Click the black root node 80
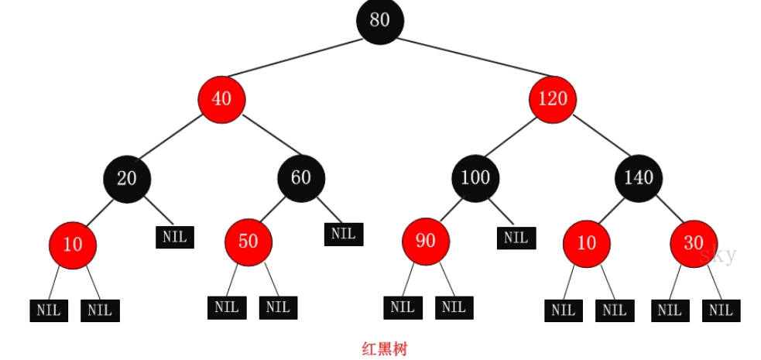click(x=379, y=20)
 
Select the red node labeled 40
click(x=221, y=99)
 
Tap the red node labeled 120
click(x=553, y=99)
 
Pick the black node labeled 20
click(x=127, y=179)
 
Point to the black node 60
click(x=300, y=178)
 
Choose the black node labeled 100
click(x=475, y=178)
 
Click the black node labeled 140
click(x=639, y=178)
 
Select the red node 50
click(x=248, y=242)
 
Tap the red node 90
click(x=425, y=242)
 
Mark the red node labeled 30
click(x=693, y=243)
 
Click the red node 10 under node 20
click(x=72, y=245)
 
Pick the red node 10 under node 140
click(x=586, y=243)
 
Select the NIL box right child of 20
click(x=175, y=237)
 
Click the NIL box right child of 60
click(x=343, y=233)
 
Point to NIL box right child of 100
click(x=516, y=237)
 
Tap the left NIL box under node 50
click(x=226, y=307)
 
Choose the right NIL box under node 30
click(x=721, y=310)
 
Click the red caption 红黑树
click(x=384, y=349)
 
